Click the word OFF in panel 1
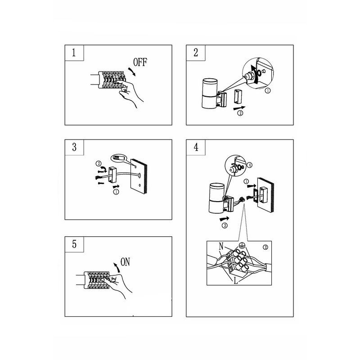click(x=140, y=62)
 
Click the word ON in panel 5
click(x=125, y=262)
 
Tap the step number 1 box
click(x=74, y=53)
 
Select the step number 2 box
click(x=196, y=53)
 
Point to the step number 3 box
click(x=74, y=147)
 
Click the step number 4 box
click(x=196, y=147)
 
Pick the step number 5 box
click(x=74, y=244)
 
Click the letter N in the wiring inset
click(x=221, y=246)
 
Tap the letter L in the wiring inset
click(x=235, y=280)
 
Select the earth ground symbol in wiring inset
click(x=241, y=245)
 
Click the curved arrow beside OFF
click(x=132, y=72)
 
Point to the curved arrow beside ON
click(x=117, y=267)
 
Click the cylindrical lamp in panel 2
click(x=209, y=93)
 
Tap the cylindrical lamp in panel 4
click(x=216, y=198)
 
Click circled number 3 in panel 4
click(x=225, y=225)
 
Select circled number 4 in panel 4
click(x=250, y=165)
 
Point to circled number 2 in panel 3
click(x=98, y=164)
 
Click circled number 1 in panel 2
click(x=268, y=90)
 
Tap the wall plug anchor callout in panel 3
click(x=119, y=158)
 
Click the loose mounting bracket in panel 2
click(x=237, y=96)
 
